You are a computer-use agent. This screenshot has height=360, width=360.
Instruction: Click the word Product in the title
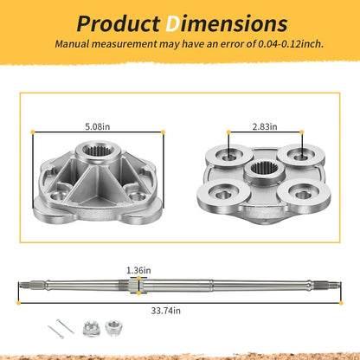coord(118,23)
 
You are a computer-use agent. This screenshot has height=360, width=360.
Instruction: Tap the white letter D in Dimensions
coord(173,23)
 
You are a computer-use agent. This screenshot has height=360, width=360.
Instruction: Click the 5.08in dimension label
coord(98,126)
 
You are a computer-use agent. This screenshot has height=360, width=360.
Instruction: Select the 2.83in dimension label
coord(265,126)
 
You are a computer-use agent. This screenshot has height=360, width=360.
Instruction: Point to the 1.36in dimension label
coord(138,270)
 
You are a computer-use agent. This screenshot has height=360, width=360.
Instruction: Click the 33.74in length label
coord(166,311)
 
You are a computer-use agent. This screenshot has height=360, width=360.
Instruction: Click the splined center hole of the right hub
coord(264,168)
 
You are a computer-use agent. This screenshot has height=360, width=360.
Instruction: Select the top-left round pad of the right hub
coord(229,156)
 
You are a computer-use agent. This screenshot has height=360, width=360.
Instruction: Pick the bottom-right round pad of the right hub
coord(304,194)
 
